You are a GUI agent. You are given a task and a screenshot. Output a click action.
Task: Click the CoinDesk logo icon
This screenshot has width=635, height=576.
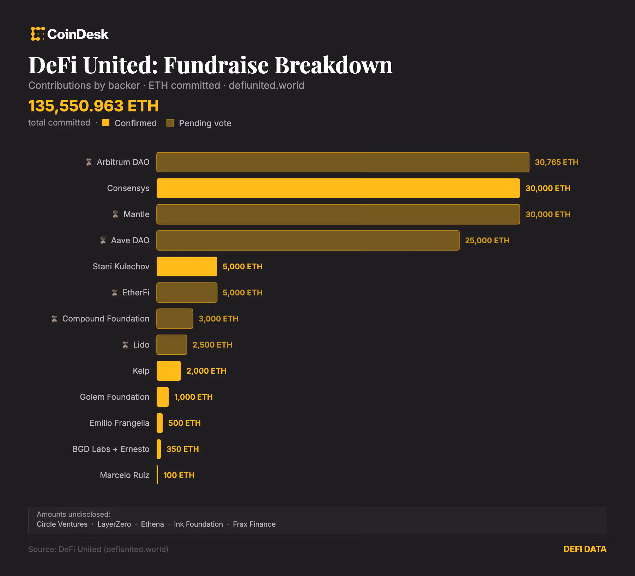(37, 34)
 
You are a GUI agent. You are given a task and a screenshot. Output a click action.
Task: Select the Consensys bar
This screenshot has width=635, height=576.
(338, 188)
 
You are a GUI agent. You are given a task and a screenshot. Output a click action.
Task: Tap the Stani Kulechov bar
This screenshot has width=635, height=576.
(187, 266)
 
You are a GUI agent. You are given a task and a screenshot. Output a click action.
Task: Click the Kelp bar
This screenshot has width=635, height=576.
(169, 371)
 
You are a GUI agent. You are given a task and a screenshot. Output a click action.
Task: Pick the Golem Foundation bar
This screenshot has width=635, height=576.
(163, 397)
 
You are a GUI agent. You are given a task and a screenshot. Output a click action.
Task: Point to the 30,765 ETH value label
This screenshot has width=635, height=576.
(556, 162)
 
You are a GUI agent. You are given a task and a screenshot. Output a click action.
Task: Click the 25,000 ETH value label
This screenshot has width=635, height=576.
(487, 240)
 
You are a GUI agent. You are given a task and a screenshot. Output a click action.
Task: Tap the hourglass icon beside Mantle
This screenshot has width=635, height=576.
(115, 214)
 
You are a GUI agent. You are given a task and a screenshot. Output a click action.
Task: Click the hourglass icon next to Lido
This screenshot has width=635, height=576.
(125, 345)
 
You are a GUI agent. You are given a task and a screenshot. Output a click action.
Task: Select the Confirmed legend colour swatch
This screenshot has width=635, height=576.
(106, 123)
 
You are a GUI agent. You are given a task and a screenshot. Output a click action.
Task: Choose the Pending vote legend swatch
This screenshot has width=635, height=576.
(170, 123)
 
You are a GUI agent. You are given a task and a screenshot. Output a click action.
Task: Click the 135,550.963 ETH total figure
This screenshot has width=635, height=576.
(93, 106)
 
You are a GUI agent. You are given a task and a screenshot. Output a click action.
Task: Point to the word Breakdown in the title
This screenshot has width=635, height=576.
(333, 66)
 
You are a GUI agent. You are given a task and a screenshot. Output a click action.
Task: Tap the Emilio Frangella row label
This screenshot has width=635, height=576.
(119, 423)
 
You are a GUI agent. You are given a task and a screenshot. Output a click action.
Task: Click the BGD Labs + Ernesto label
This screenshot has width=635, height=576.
(111, 449)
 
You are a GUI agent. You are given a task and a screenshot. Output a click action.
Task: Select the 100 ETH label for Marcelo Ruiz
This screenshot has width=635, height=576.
(179, 475)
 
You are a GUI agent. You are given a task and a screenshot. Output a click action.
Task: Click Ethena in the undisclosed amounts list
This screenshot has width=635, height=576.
(152, 524)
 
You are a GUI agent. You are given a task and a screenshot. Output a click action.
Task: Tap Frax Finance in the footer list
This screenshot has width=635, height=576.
(254, 524)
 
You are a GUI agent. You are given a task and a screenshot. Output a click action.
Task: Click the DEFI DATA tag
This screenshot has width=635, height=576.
(585, 549)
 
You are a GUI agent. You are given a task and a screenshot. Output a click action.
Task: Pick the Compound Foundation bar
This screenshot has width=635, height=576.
(175, 319)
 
